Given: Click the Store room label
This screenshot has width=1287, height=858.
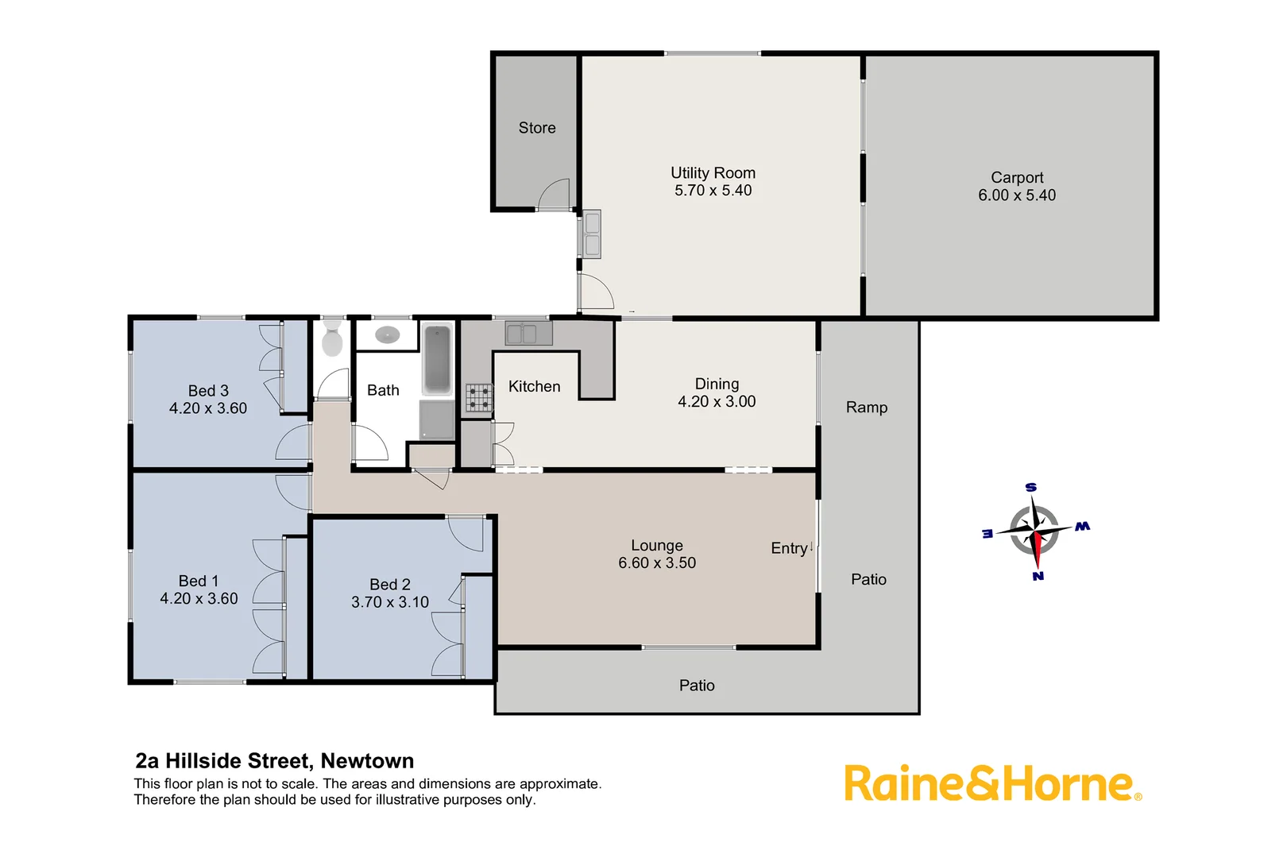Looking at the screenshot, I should [x=537, y=128].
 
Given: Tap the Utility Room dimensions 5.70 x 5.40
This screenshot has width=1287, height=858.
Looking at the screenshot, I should [x=713, y=191].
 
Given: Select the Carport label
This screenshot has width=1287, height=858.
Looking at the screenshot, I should [x=1017, y=177].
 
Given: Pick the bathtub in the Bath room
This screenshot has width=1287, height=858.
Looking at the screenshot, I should [x=437, y=359].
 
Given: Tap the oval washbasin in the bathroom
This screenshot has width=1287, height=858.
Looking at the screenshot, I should [x=387, y=335].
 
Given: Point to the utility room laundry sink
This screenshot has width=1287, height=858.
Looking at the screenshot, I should [x=592, y=234].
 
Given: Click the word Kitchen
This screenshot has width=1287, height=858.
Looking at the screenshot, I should [x=534, y=387].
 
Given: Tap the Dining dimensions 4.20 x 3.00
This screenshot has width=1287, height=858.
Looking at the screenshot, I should [x=717, y=402].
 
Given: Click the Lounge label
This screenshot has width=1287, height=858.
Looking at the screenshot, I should [x=657, y=546].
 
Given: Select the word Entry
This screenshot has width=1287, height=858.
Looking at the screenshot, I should [x=789, y=548].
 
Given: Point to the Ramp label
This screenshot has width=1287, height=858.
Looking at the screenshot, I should [x=867, y=408].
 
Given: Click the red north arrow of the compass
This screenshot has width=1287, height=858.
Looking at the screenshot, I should [x=1037, y=547].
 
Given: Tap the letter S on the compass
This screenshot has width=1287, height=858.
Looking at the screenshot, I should [x=1030, y=487].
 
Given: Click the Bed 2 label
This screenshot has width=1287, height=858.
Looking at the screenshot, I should [x=390, y=585].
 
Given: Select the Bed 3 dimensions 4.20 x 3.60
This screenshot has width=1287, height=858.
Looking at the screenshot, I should [x=208, y=408].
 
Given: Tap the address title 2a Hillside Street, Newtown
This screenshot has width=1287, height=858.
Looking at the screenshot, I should [x=275, y=761].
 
